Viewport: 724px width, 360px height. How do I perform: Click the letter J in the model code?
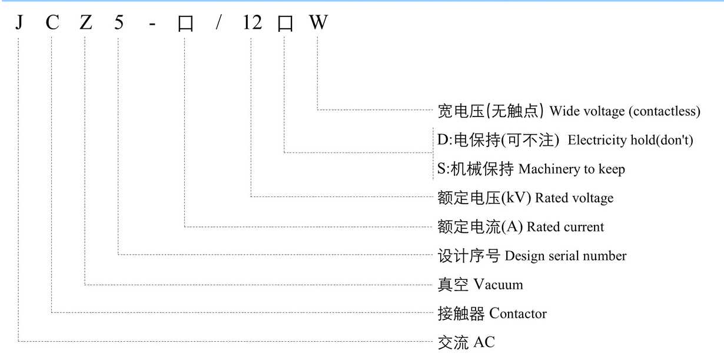pyautogui.click(x=19, y=24)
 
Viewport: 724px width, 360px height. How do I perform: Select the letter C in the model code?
pyautogui.click(x=52, y=24)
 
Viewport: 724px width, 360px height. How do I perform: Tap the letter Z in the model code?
pyautogui.click(x=86, y=24)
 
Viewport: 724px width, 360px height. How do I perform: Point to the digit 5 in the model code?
pyautogui.click(x=119, y=24)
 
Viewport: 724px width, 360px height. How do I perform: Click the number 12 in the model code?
pyautogui.click(x=252, y=24)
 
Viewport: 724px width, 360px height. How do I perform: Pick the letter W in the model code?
pyautogui.click(x=318, y=24)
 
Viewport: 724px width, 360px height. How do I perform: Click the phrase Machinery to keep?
pyautogui.click(x=572, y=169)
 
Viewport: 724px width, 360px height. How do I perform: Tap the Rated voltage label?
pyautogui.click(x=574, y=198)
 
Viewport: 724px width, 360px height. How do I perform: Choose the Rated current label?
pyautogui.click(x=565, y=227)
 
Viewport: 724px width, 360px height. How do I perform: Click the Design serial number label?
pyautogui.click(x=566, y=256)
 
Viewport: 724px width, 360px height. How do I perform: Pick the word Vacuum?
pyautogui.click(x=499, y=285)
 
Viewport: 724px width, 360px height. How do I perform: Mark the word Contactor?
pyautogui.click(x=518, y=314)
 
